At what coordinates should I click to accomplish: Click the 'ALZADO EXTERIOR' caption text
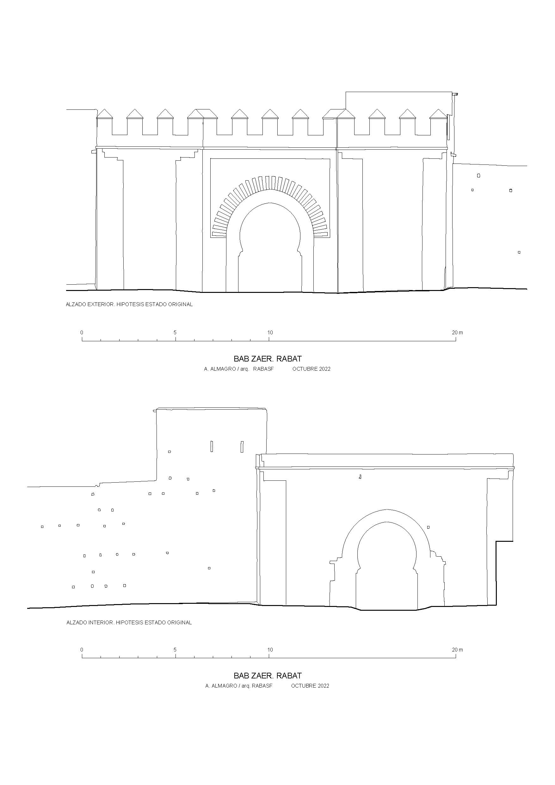pos(90,304)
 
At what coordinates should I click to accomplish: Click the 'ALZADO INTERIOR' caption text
pos(89,623)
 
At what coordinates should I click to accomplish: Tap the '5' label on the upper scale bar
pos(175,332)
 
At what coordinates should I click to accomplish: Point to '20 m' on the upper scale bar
pos(457,332)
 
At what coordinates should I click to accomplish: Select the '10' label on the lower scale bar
pos(270,650)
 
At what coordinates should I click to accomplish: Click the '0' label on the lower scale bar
pos(82,650)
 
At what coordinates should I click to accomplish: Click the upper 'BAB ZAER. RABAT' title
pos(268,359)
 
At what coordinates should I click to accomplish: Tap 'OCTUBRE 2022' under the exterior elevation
pos(311,369)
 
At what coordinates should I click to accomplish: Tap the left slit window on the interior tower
pos(212,446)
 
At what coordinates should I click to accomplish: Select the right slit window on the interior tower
pos(242,447)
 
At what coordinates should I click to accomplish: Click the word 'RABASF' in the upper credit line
pos(263,369)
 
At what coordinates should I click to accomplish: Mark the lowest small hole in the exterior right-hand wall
pos(519,252)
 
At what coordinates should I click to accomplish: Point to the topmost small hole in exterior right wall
pos(478,176)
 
